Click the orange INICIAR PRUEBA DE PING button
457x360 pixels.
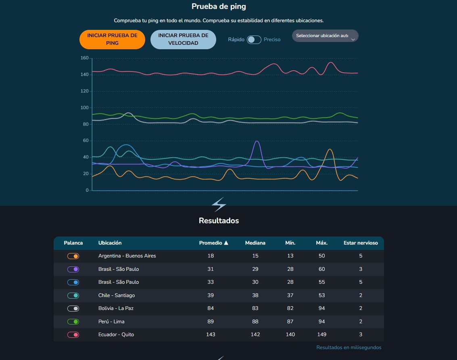(112, 40)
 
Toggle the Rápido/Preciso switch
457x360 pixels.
(254, 40)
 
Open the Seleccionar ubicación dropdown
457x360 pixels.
(325, 36)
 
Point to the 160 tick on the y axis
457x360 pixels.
(85, 58)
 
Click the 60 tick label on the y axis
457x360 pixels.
(86, 140)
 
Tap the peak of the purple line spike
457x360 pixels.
(257, 141)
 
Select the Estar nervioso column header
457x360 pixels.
(361, 243)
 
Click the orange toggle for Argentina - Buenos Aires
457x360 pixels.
(73, 256)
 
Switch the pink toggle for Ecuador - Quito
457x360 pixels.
(73, 335)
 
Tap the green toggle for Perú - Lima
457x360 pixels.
(73, 322)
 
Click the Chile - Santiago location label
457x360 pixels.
(117, 295)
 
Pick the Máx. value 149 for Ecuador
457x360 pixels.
(322, 335)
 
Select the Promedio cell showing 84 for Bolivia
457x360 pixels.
(211, 308)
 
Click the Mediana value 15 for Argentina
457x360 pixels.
(255, 256)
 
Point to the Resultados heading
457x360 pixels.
(219, 220)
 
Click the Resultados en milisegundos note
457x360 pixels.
(349, 347)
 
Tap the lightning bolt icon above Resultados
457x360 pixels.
(219, 204)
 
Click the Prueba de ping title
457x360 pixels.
(219, 6)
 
